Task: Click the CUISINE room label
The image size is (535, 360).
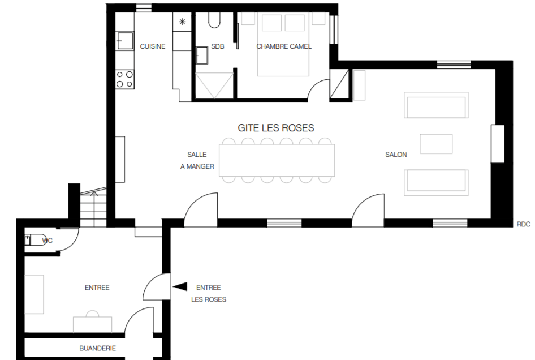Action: point(153,46)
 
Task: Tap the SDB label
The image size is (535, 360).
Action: point(218,46)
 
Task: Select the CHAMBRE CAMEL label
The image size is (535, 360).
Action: point(284,46)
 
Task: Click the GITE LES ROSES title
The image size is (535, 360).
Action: point(275,128)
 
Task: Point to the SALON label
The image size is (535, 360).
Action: point(396,155)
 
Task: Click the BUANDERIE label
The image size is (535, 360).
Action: point(98,348)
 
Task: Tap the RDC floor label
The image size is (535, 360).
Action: point(523,224)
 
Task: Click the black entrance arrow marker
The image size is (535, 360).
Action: point(180,286)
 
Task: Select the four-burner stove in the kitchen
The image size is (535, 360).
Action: point(124,79)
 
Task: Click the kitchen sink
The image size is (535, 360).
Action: point(124,41)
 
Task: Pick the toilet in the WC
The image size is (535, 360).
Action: point(36,240)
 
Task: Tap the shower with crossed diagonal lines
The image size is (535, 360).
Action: point(214,85)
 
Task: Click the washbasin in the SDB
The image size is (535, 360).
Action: point(202,55)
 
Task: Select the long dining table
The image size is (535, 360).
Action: point(277,160)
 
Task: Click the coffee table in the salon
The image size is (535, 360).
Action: point(436,144)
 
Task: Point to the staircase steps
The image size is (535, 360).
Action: point(93,209)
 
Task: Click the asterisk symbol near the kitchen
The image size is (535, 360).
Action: point(182,22)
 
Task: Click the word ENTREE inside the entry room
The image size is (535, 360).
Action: point(97,288)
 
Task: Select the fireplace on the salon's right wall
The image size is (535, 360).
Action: point(498,144)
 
